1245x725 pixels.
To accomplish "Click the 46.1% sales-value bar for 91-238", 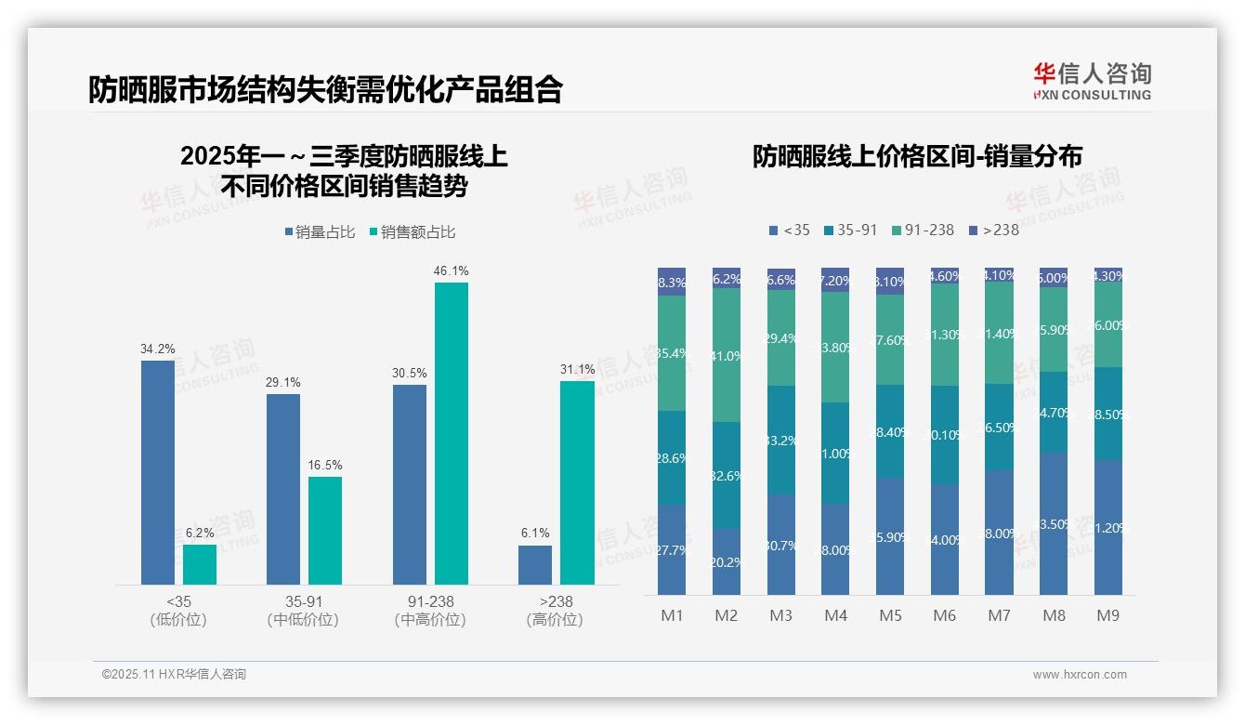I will [x=452, y=433].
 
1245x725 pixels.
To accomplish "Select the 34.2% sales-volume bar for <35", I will [x=158, y=472].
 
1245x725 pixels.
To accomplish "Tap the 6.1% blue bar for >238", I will [x=535, y=565].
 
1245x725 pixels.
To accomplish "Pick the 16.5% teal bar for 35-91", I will [x=325, y=531].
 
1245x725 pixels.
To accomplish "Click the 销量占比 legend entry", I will [x=320, y=232].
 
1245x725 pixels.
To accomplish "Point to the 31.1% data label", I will [x=577, y=370].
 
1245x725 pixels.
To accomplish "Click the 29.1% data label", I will [x=283, y=383].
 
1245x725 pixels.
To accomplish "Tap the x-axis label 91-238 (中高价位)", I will [x=430, y=611].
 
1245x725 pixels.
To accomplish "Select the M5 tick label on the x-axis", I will [x=890, y=616].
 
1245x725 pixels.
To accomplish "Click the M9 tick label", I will [x=1107, y=616].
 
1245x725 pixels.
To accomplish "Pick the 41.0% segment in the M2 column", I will [x=727, y=355].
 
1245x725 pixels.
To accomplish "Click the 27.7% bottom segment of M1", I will [x=672, y=549].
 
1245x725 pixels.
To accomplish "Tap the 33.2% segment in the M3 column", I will [x=781, y=440].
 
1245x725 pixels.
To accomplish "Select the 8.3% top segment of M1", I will [x=672, y=282].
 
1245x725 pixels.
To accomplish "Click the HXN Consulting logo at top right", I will [x=1092, y=81].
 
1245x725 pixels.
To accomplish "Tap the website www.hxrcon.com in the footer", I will [x=1079, y=675].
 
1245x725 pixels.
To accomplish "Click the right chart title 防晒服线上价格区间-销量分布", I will [x=917, y=156].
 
